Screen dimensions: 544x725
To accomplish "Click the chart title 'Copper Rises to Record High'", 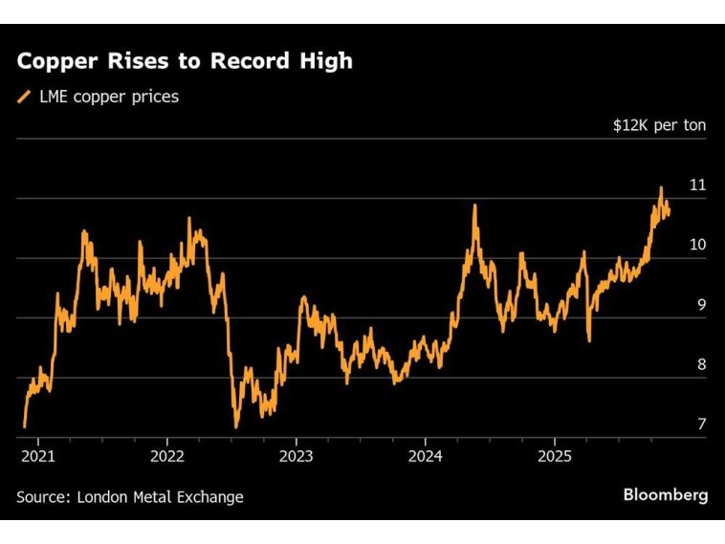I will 184,61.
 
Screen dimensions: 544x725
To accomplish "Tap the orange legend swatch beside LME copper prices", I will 23,97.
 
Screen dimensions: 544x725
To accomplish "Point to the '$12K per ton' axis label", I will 659,125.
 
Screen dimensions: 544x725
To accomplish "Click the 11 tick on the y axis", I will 697,185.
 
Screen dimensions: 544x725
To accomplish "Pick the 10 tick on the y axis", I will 697,245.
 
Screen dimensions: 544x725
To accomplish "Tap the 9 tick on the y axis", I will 701,305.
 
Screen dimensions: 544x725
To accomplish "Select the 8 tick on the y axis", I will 701,364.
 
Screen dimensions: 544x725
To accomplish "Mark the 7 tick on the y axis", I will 701,424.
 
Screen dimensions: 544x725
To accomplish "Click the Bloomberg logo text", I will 666,495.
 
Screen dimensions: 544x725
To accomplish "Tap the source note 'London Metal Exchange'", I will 160,497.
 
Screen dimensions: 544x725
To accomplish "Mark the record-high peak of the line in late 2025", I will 660,187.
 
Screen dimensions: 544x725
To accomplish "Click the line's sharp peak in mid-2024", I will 474,206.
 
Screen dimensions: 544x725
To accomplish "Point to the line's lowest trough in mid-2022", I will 235,427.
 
